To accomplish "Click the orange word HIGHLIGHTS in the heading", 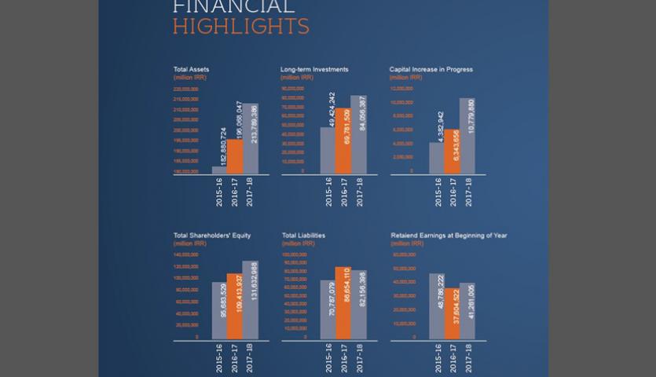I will (x=240, y=27).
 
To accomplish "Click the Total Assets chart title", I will (x=191, y=69).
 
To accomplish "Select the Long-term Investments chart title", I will (x=314, y=69).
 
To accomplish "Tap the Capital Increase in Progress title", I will (x=431, y=69).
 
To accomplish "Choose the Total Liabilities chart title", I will (x=303, y=235).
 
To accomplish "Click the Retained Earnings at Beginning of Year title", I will (x=449, y=235).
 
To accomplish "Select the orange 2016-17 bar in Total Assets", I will (x=235, y=156).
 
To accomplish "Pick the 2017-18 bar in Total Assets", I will (x=250, y=138).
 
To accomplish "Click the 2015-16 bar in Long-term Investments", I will (x=328, y=150).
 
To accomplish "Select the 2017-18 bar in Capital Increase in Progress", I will (x=467, y=136).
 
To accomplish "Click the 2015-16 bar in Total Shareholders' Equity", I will (x=219, y=311).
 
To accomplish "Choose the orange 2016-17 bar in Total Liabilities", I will (x=343, y=303).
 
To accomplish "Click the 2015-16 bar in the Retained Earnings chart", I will (x=437, y=306).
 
